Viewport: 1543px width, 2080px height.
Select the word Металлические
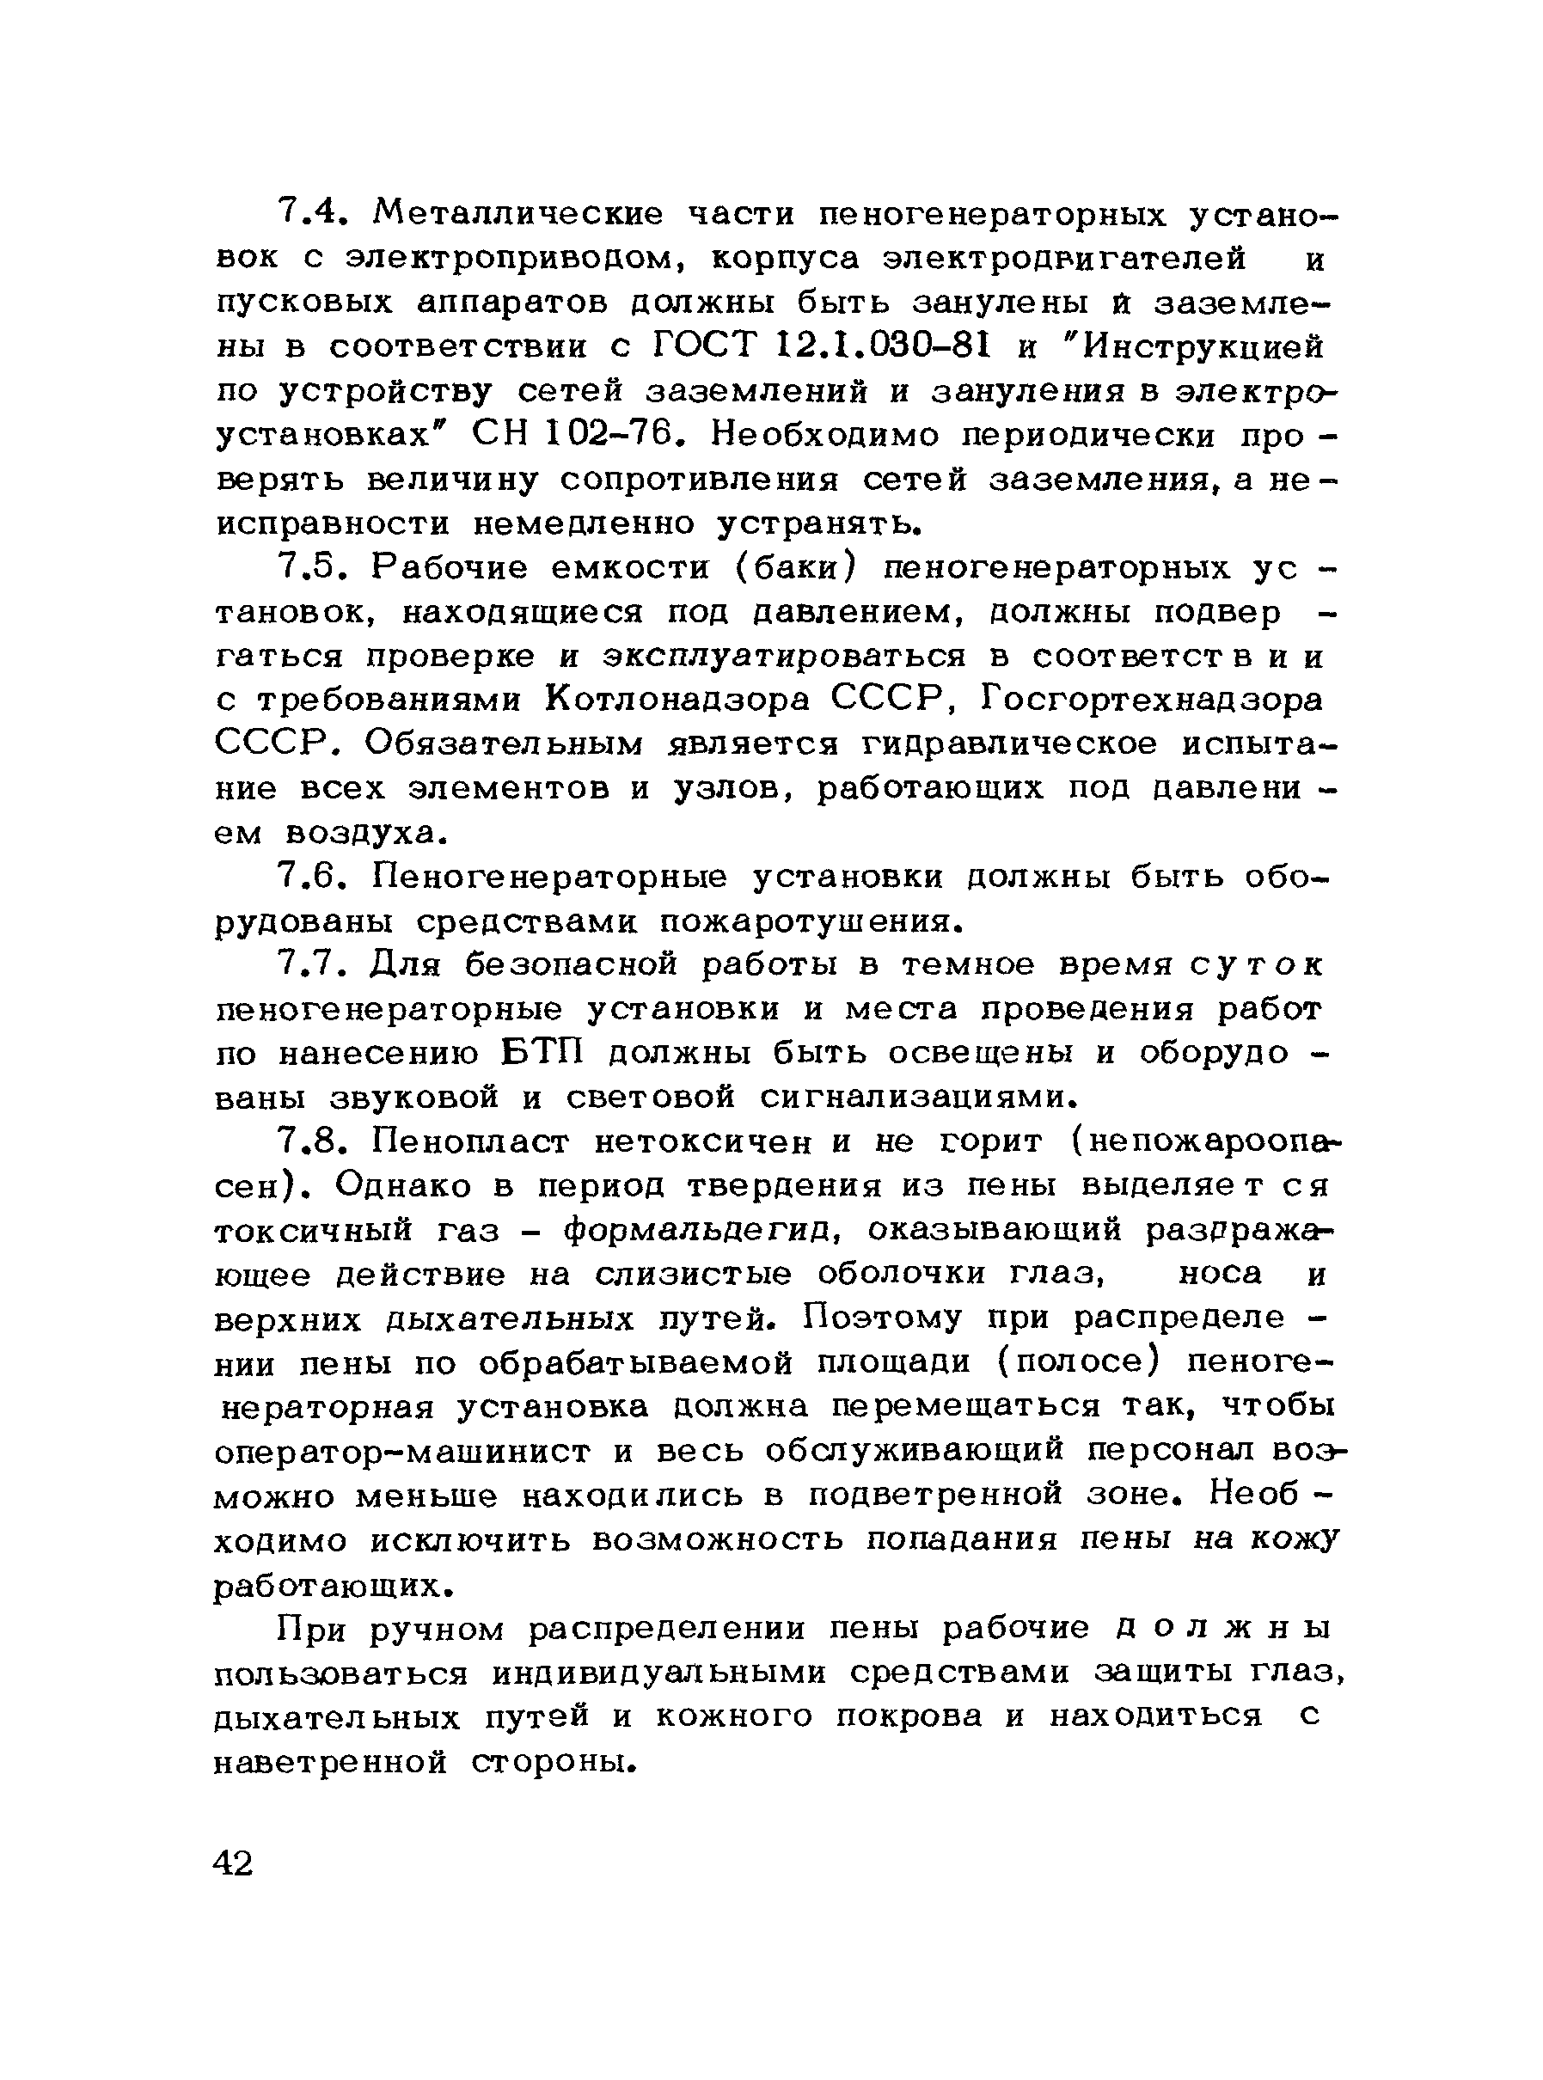tap(517, 215)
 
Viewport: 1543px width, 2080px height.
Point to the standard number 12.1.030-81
tap(883, 347)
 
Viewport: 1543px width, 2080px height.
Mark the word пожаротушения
tap(810, 922)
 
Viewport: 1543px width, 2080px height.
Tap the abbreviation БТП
tap(542, 1053)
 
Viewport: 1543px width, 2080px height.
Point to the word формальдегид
tap(703, 1231)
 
